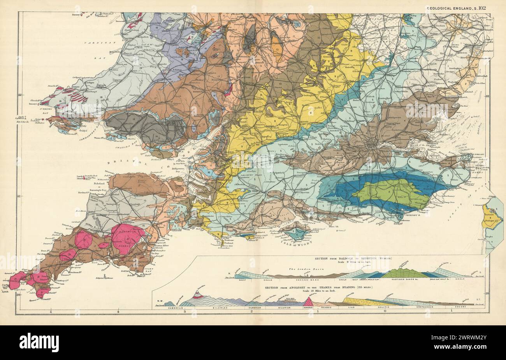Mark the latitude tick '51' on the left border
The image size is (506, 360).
(20, 196)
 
